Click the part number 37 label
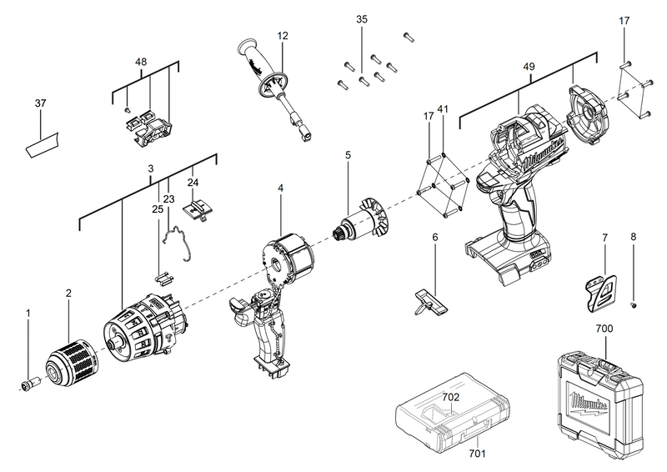click(40, 103)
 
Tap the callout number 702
click(451, 399)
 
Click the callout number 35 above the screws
click(361, 19)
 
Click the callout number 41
click(443, 108)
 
